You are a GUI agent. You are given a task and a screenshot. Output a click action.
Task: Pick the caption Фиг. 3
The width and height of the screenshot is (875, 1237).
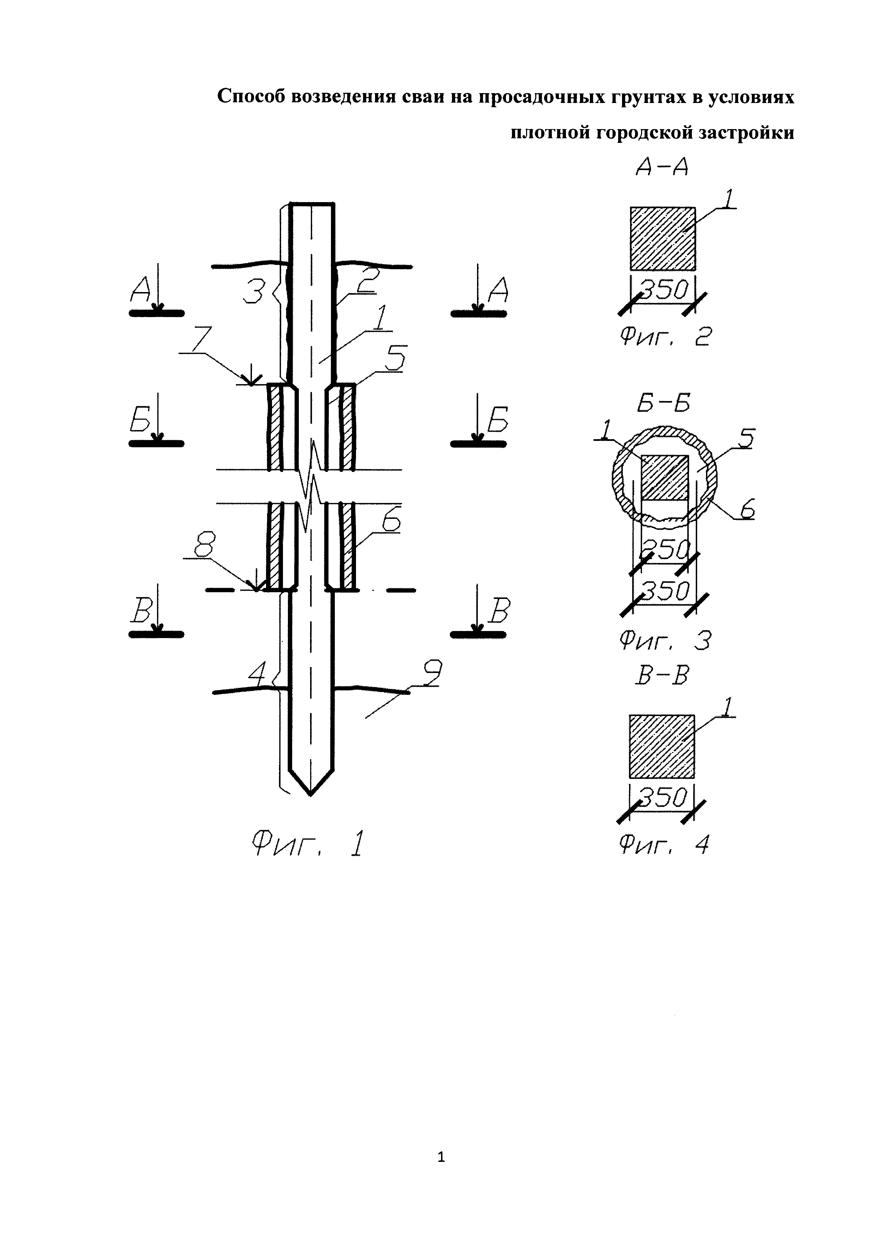pyautogui.click(x=666, y=641)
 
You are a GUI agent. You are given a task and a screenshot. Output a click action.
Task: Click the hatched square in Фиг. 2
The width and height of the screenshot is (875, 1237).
pyautogui.click(x=663, y=239)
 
